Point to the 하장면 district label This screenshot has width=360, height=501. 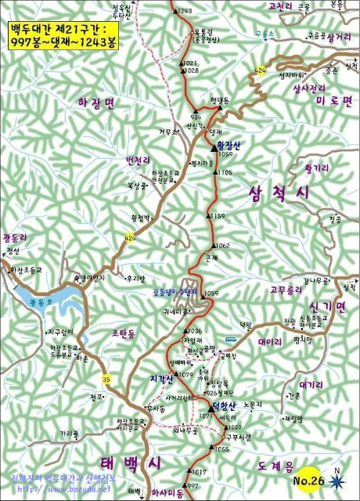click(96, 103)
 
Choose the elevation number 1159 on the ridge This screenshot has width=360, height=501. click(218, 215)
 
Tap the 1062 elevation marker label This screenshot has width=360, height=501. click(222, 246)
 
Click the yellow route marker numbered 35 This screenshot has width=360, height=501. click(106, 380)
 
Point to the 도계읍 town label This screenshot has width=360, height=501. click(278, 465)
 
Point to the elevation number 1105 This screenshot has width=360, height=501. click(225, 172)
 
